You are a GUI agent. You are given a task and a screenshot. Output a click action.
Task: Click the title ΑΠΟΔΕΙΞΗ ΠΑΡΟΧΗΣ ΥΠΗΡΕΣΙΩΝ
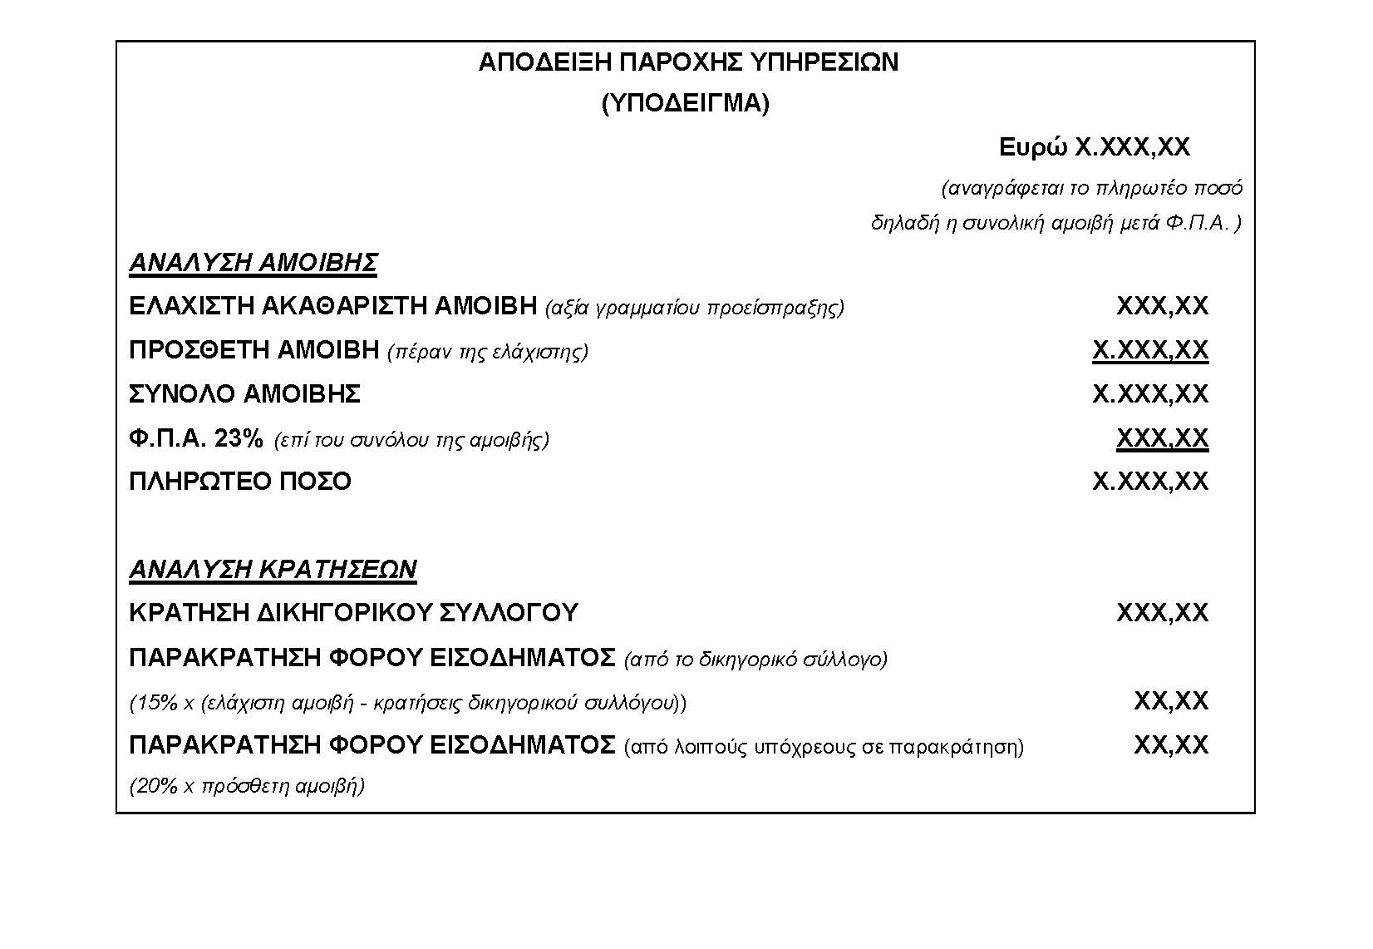[688, 62]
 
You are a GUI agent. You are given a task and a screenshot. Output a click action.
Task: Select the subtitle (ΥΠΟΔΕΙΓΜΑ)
[686, 103]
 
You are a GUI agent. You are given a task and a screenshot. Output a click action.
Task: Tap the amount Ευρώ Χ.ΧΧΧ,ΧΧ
[1094, 147]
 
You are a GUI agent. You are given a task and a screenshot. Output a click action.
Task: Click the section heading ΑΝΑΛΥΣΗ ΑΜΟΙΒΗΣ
[253, 263]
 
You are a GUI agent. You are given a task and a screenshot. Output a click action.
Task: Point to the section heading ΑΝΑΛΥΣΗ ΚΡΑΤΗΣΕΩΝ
[273, 569]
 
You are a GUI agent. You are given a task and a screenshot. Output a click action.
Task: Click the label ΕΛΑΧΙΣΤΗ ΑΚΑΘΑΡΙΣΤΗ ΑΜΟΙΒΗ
[332, 306]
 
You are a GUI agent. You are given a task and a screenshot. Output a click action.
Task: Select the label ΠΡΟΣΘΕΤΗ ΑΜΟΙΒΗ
[253, 350]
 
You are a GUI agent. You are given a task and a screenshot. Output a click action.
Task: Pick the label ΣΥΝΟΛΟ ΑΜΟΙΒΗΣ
[244, 393]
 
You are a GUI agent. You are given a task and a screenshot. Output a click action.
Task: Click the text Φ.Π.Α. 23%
[196, 438]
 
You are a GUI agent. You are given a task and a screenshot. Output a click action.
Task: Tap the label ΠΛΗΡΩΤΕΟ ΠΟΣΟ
[240, 482]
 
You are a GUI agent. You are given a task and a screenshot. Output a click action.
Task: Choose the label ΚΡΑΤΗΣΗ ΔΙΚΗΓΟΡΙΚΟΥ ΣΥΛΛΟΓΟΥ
[353, 613]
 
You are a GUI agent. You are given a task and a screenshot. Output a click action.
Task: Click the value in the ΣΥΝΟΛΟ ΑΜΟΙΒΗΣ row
[1149, 393]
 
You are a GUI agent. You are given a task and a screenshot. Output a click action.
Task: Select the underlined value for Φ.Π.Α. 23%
[1162, 437]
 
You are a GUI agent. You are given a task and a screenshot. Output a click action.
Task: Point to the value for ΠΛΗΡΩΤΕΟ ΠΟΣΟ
[1149, 482]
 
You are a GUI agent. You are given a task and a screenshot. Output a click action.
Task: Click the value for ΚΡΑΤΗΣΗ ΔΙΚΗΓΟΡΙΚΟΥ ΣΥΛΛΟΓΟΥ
[1162, 613]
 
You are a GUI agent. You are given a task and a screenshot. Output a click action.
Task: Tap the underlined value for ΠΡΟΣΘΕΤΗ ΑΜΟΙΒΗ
[1149, 350]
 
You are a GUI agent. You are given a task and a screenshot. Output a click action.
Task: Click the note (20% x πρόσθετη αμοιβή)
[247, 785]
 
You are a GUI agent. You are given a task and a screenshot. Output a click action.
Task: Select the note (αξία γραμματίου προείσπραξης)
[694, 308]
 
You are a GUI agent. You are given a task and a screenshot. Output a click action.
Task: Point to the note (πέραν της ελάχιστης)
[488, 352]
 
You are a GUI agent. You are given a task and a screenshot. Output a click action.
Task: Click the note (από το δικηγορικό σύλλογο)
[755, 660]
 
